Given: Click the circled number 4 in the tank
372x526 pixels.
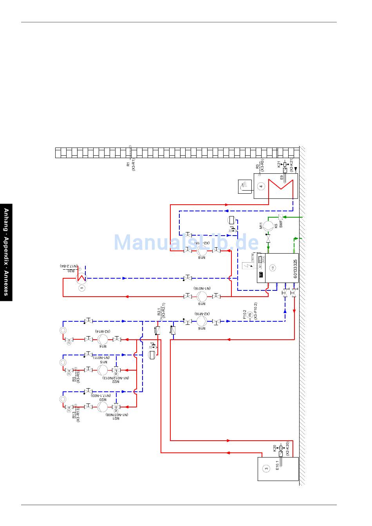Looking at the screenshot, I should pyautogui.click(x=261, y=186).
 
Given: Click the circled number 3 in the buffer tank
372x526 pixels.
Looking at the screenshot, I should pyautogui.click(x=266, y=468).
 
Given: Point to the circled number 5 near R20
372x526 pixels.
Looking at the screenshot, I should pyautogui.click(x=82, y=288).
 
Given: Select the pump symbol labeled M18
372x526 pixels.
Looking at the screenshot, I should pyautogui.click(x=202, y=250).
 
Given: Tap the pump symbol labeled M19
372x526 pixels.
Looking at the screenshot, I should pyautogui.click(x=202, y=296).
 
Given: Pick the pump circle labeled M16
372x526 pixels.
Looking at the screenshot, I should pyautogui.click(x=202, y=321).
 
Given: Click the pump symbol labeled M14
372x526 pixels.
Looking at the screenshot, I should pyautogui.click(x=102, y=339).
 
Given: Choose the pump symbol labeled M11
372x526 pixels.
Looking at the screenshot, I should pyautogui.click(x=268, y=226).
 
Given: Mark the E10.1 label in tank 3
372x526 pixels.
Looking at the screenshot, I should pyautogui.click(x=277, y=465).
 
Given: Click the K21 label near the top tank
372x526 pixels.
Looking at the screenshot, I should pyautogui.click(x=279, y=164).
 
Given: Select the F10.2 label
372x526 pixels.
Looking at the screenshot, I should pyautogui.click(x=244, y=315).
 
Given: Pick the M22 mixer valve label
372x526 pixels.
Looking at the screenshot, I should pyautogui.click(x=116, y=382).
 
